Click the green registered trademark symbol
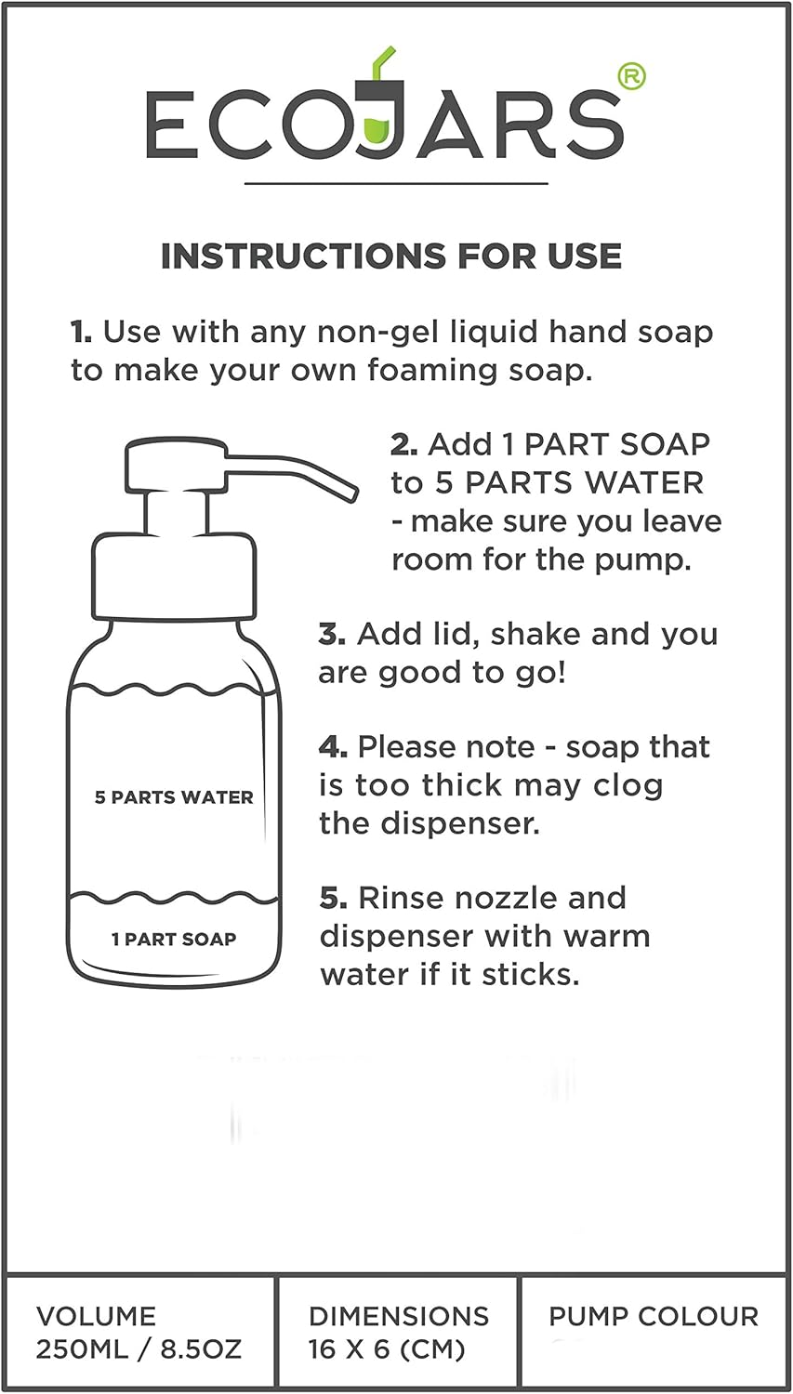pyautogui.click(x=631, y=76)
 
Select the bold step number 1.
pyautogui.click(x=81, y=332)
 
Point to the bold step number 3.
pyautogui.click(x=331, y=635)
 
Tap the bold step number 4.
pyautogui.click(x=333, y=747)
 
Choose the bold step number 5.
pyautogui.click(x=333, y=898)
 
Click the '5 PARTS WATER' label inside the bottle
pyautogui.click(x=174, y=797)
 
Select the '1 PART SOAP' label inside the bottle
pyautogui.click(x=174, y=939)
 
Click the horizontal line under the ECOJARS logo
pyautogui.click(x=396, y=184)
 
